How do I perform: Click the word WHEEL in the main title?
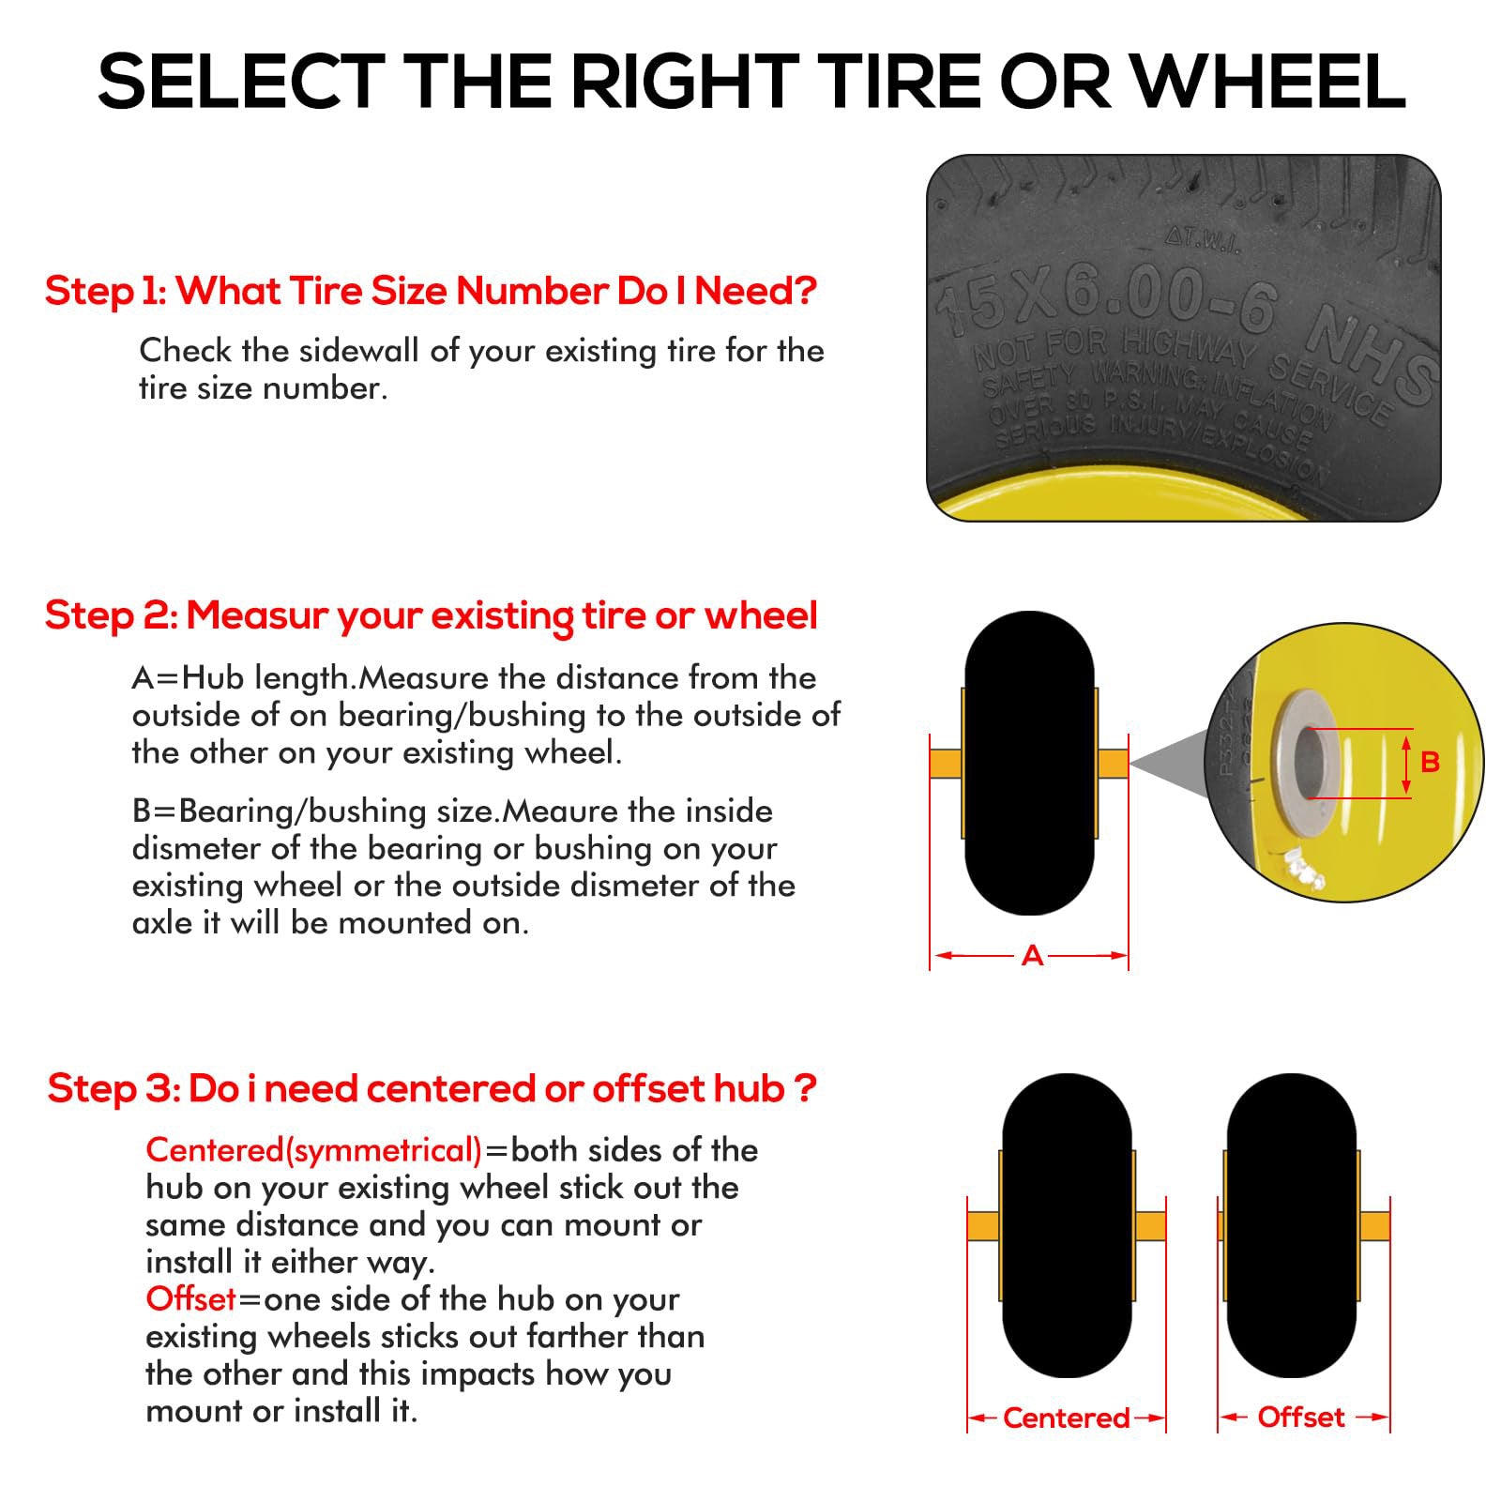pyautogui.click(x=1269, y=82)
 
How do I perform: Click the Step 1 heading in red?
pyautogui.click(x=431, y=291)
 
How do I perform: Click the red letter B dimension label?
pyautogui.click(x=1430, y=762)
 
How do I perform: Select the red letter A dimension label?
pyautogui.click(x=1032, y=956)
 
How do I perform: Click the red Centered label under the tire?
pyautogui.click(x=1067, y=1418)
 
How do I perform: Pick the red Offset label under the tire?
pyautogui.click(x=1301, y=1417)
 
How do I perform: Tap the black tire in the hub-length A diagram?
pyautogui.click(x=1029, y=763)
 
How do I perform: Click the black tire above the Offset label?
pyautogui.click(x=1291, y=1225)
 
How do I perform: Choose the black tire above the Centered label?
pyautogui.click(x=1067, y=1225)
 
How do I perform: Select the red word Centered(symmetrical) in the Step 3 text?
pyautogui.click(x=314, y=1151)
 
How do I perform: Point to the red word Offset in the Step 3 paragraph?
pyautogui.click(x=190, y=1299)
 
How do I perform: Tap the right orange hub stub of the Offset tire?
pyautogui.click(x=1373, y=1225)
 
